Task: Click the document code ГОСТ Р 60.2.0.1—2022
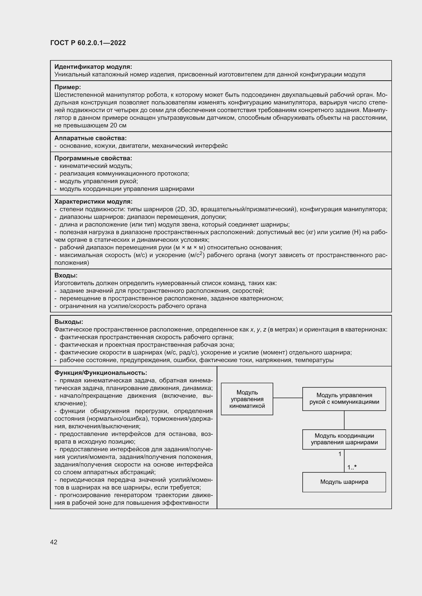coord(88,43)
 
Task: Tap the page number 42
coord(54,542)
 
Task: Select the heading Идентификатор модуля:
coord(93,67)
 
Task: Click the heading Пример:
coord(68,87)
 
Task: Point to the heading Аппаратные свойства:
coord(90,138)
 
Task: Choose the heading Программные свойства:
coord(93,158)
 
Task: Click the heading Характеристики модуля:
coord(93,202)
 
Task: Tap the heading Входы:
coord(66,275)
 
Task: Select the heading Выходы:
coord(69,322)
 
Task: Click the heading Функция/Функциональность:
coord(101,373)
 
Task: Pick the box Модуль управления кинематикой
coord(247,399)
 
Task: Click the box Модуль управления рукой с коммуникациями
coord(344,399)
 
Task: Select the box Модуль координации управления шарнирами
coord(344,439)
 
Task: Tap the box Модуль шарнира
coord(344,482)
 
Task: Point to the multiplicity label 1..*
coord(352,468)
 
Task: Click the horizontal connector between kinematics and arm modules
coord(288,398)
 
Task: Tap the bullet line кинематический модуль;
coord(96,166)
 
